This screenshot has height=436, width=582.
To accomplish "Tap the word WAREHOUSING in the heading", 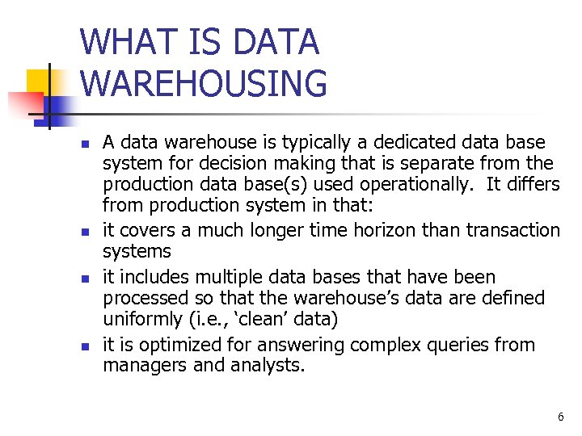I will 205,84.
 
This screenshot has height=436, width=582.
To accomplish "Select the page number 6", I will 560,417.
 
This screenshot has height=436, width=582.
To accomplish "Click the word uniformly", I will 140,319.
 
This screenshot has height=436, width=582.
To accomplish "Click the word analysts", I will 271,365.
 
